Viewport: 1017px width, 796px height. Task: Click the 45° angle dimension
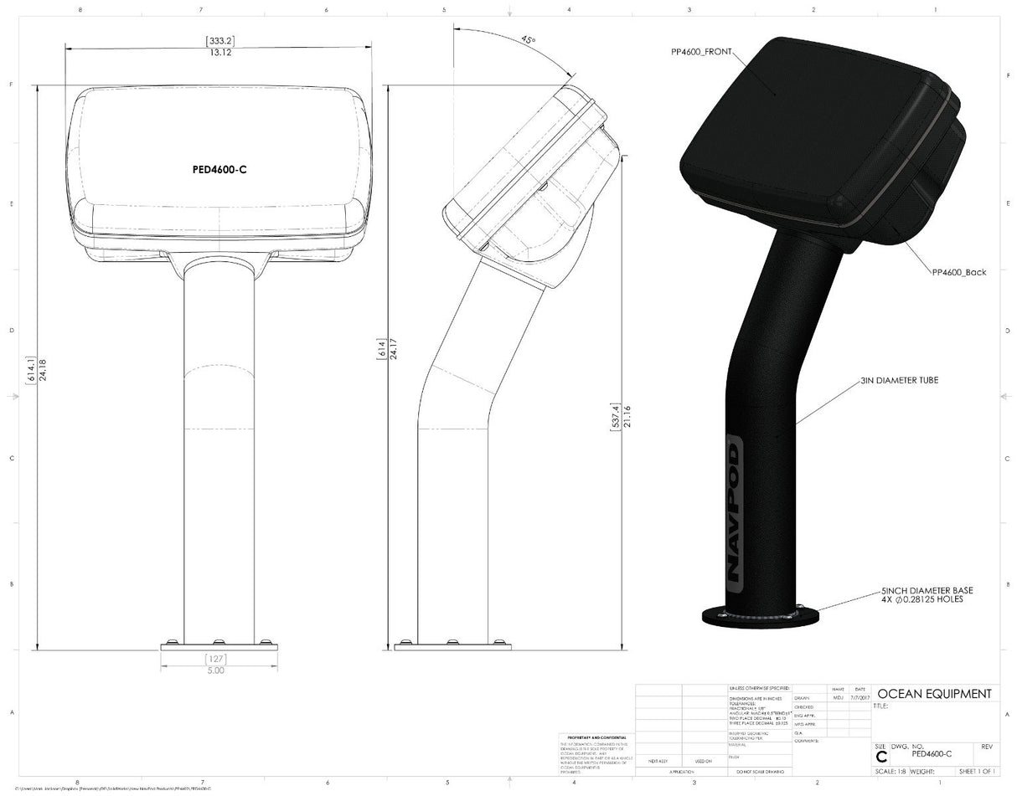coord(528,39)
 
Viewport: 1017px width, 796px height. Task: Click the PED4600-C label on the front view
coord(219,169)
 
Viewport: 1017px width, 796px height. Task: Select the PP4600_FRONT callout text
coord(701,52)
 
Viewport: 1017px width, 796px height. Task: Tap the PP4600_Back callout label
coord(958,272)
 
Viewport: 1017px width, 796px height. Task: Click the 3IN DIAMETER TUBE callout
coord(899,380)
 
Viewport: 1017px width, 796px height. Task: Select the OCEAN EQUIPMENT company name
coord(934,694)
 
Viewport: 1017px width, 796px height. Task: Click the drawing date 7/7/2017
coord(860,696)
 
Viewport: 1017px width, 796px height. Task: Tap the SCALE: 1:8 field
coord(891,771)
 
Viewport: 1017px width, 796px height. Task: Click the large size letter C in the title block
coord(880,757)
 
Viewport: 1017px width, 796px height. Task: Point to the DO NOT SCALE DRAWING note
coord(760,771)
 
